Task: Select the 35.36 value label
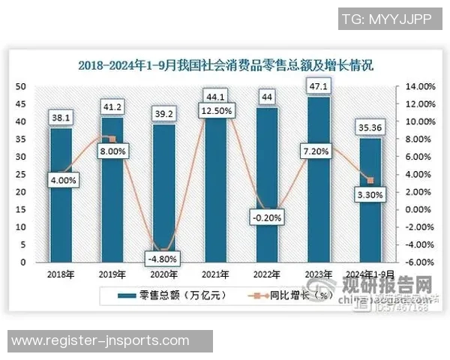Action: (x=370, y=127)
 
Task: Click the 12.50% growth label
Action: (x=216, y=110)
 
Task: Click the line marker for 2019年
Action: (x=112, y=139)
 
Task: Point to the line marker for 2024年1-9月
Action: (x=370, y=180)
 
